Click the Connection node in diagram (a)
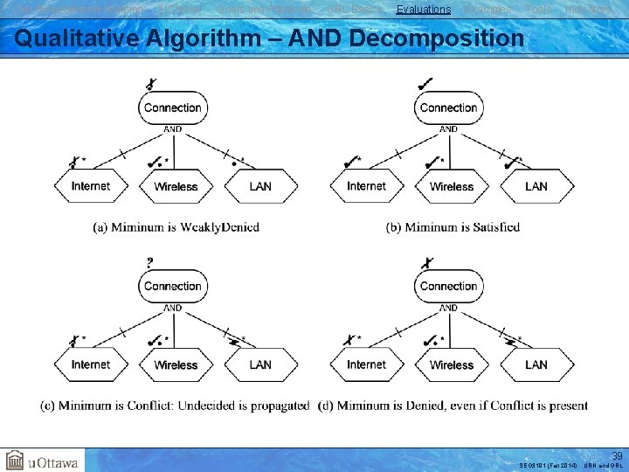coord(172,108)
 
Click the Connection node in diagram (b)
coord(448,108)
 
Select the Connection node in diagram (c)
coord(172,286)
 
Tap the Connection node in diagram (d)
coord(448,286)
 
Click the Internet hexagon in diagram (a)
coord(91,186)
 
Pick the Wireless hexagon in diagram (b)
coord(452,186)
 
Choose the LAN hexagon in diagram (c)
coord(260,364)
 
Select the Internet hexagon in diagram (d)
coord(366,364)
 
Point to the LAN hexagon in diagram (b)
coord(536,186)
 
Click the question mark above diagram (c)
coord(150,261)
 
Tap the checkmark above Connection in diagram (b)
coord(425,83)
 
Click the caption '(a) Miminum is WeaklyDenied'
coord(176,227)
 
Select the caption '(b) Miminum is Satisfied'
coord(453,227)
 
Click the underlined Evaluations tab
coord(424,10)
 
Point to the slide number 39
coord(617,456)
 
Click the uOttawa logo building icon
coord(15,461)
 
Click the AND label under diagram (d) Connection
coord(448,308)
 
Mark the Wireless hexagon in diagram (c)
coord(176,364)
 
